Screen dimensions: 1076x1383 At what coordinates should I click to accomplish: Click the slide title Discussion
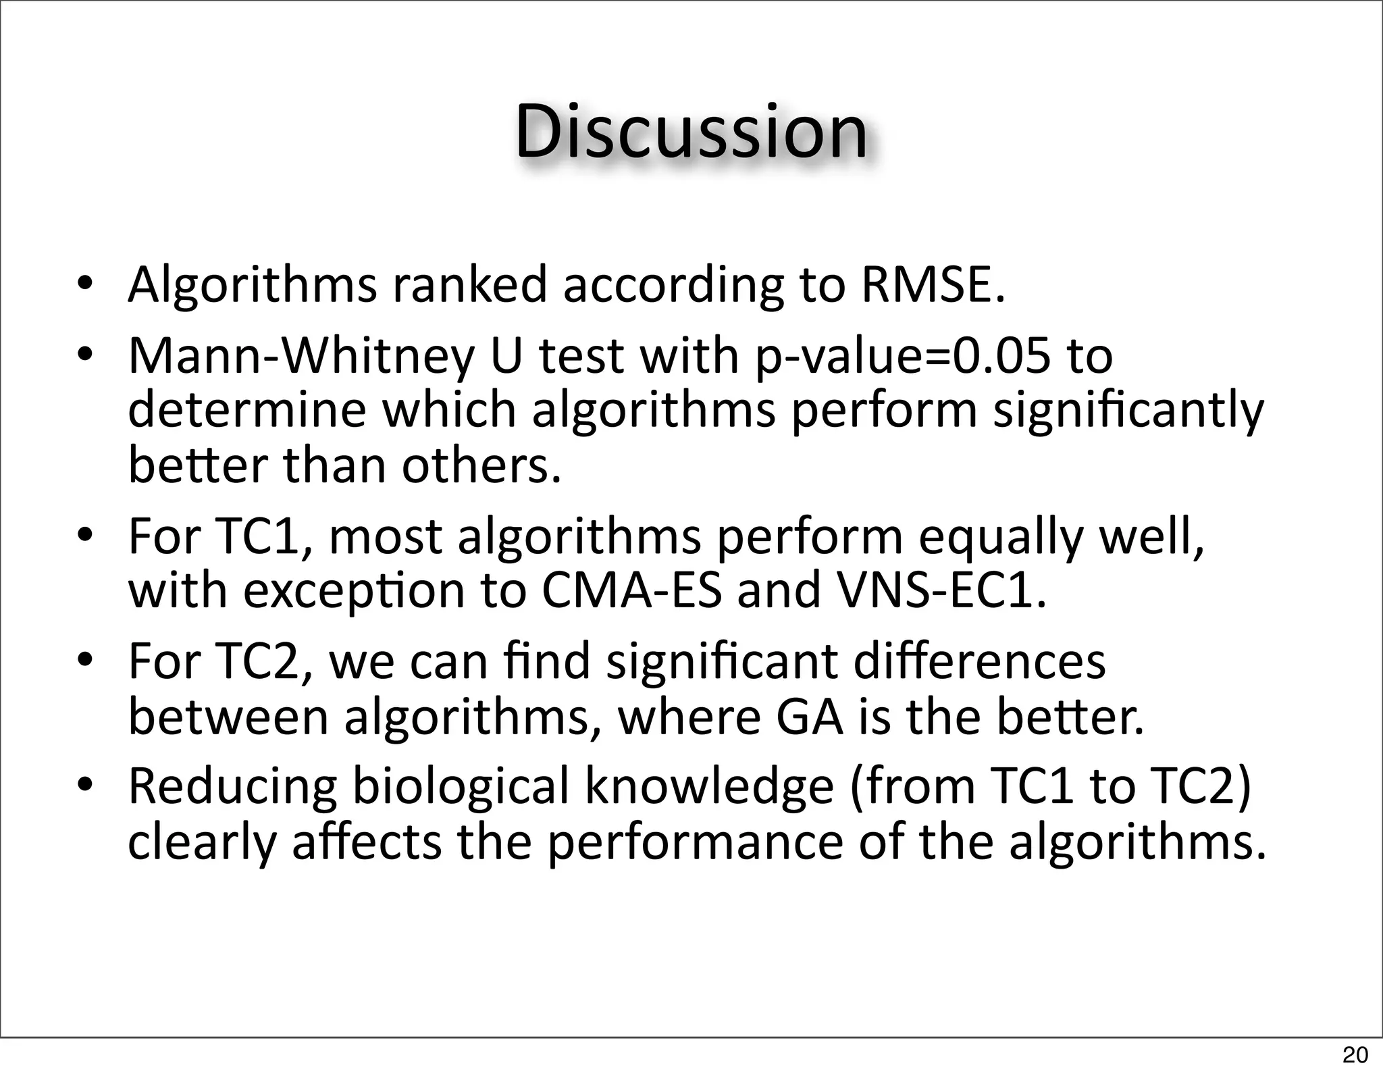(x=691, y=132)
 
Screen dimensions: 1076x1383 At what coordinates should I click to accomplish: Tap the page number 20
(x=1355, y=1054)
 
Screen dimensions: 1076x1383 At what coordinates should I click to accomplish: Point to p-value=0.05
(x=903, y=357)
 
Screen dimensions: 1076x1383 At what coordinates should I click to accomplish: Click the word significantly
(x=1128, y=411)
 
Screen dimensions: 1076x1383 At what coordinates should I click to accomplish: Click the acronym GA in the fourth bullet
(x=810, y=717)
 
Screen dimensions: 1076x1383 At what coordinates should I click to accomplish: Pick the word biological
(x=461, y=788)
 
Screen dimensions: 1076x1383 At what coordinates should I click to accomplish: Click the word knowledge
(x=709, y=786)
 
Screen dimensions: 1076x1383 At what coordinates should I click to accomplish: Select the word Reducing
(x=232, y=788)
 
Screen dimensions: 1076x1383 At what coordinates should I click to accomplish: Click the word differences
(x=979, y=661)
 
